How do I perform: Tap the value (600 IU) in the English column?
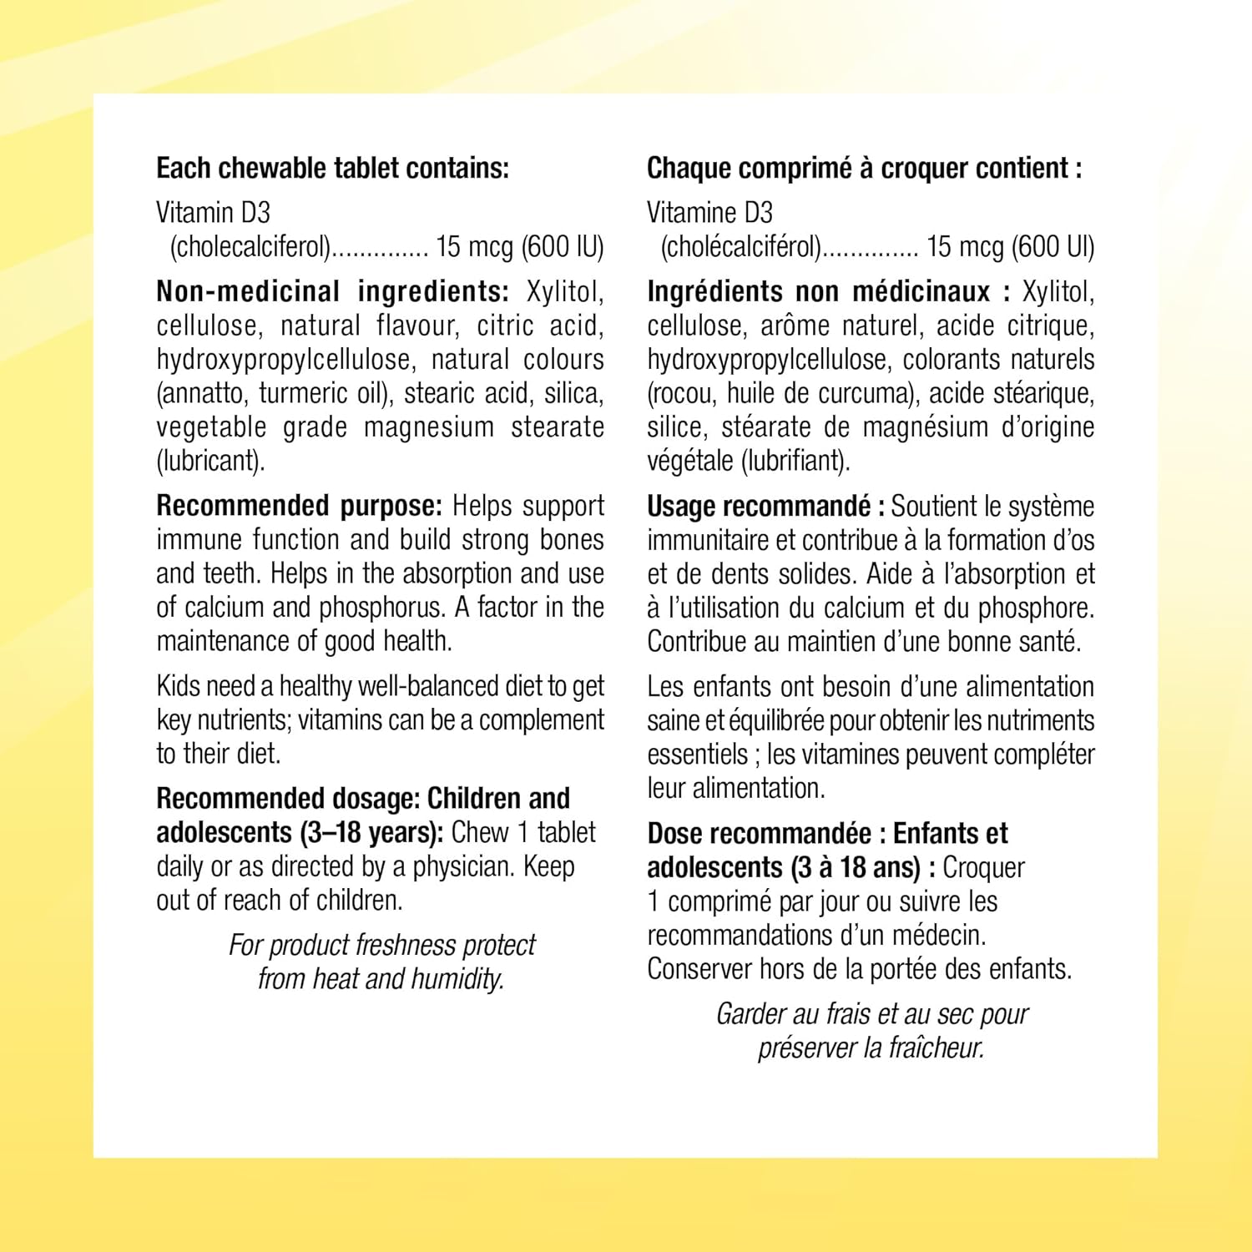[x=562, y=247]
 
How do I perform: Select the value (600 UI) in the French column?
[x=1052, y=247]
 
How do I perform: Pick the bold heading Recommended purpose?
[x=299, y=507]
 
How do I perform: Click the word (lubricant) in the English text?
[x=210, y=461]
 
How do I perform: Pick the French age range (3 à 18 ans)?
[x=856, y=868]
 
